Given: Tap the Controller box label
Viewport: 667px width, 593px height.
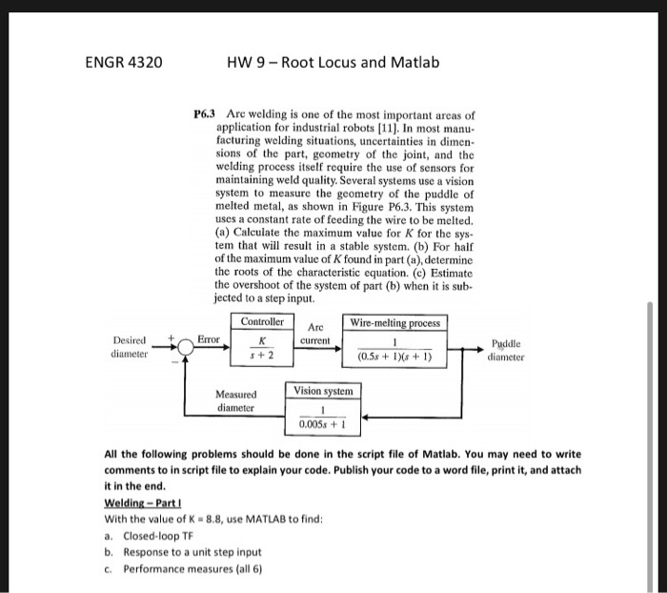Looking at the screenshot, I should coord(261,322).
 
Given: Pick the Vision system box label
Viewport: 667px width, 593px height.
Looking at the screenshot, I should coord(323,391).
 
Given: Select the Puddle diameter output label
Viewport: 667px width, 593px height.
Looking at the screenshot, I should coord(505,350).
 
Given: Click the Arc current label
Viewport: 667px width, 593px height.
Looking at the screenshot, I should coord(313,333).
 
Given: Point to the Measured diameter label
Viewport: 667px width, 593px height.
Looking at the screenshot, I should coord(234,400).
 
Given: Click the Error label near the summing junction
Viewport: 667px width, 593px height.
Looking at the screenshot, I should coord(209,338).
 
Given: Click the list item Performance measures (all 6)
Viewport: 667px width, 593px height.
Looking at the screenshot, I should coord(183,569).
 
